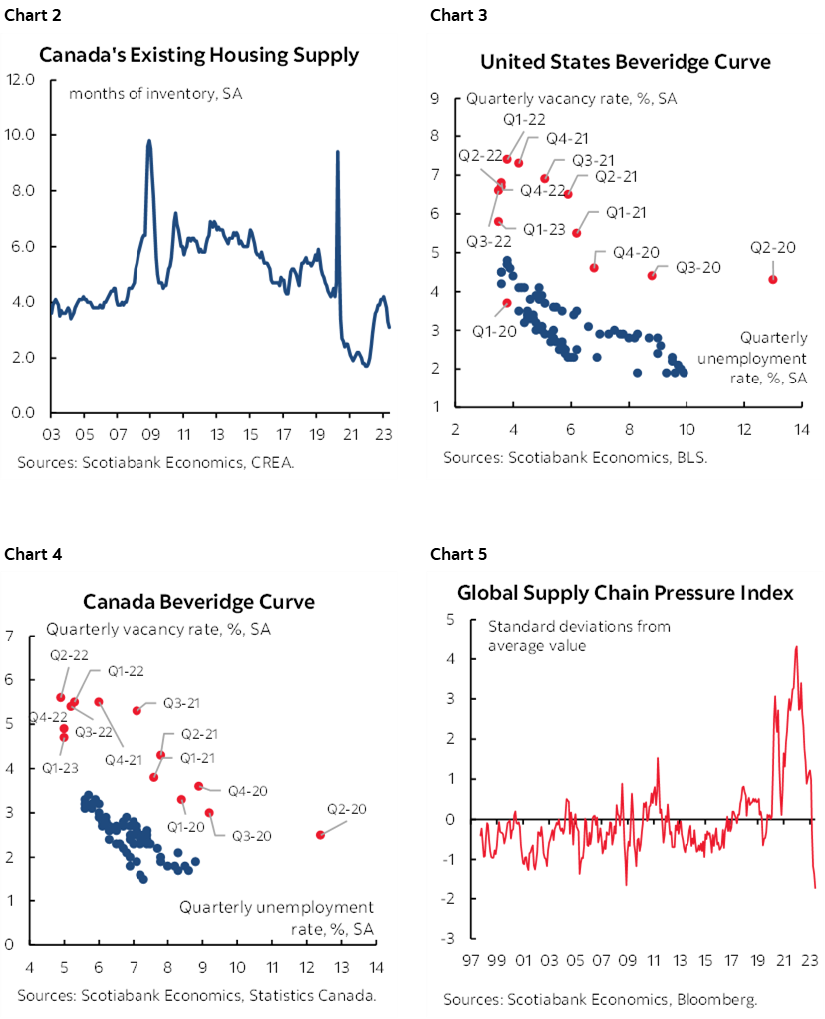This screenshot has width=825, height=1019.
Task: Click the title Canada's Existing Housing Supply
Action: tap(198, 55)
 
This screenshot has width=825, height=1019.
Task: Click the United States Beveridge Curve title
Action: tap(625, 62)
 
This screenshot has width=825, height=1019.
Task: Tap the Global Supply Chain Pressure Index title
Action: tap(625, 593)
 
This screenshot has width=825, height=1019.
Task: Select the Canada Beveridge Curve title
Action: tap(198, 602)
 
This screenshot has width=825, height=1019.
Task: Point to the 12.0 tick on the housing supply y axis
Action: tap(21, 79)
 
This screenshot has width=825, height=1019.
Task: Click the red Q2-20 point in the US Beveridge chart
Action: tap(773, 279)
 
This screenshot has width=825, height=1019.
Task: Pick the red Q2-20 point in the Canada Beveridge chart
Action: tap(320, 835)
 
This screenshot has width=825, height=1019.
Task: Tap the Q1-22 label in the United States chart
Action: tap(522, 120)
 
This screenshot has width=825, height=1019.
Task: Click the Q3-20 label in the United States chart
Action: tap(697, 267)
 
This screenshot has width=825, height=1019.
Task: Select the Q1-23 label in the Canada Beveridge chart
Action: tap(62, 768)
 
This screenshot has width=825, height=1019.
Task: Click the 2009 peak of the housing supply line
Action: tap(148, 141)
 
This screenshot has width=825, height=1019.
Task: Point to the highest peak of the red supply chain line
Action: tap(795, 647)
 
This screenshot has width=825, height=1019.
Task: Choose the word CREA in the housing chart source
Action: tap(230, 462)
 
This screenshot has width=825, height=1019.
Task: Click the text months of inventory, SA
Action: tap(155, 94)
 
